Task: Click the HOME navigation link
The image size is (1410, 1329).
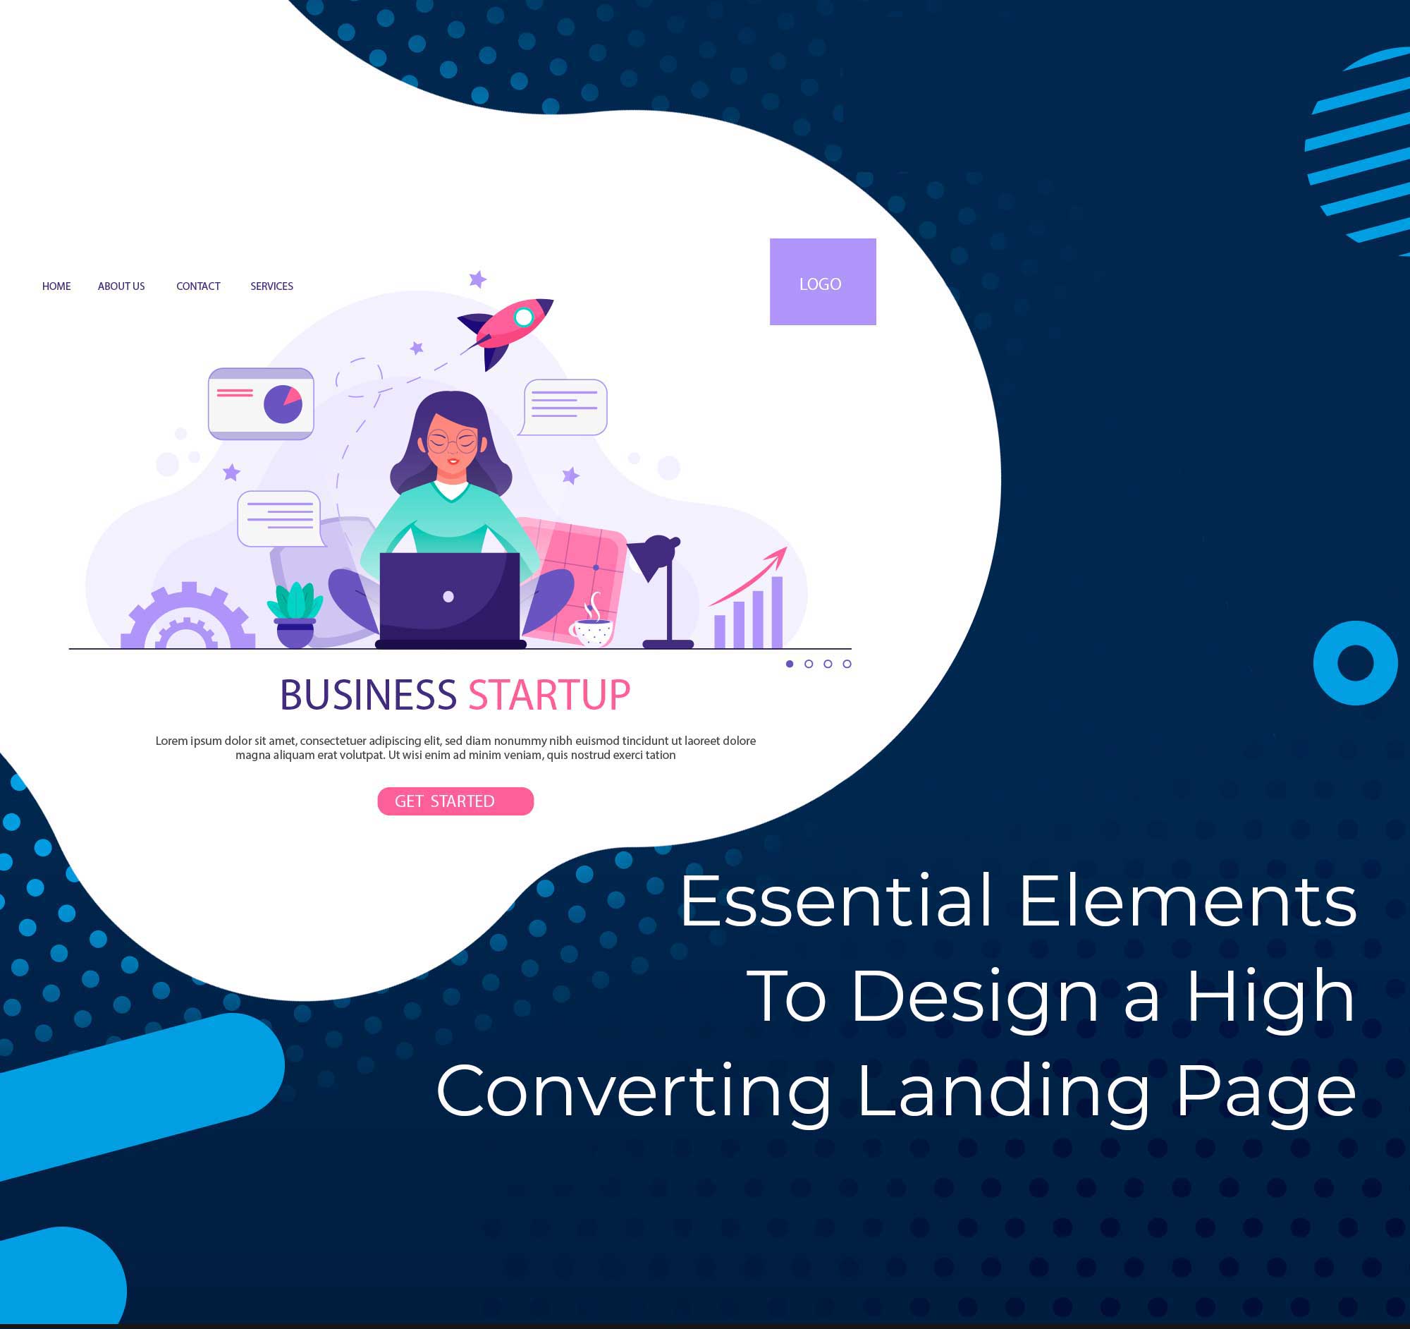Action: [56, 286]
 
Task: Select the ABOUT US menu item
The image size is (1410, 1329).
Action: [121, 286]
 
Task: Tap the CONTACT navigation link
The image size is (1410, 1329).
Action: [198, 286]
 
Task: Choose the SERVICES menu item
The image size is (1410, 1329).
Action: [271, 286]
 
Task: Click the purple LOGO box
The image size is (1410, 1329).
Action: [823, 281]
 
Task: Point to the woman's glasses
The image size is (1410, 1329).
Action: [453, 442]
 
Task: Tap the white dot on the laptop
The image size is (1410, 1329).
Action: [448, 597]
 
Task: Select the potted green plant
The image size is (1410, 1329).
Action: [295, 614]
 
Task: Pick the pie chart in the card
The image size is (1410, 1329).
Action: [283, 404]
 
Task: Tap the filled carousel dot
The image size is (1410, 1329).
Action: [790, 664]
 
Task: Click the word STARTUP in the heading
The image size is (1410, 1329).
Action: [549, 696]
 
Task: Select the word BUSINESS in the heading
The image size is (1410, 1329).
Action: [368, 696]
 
